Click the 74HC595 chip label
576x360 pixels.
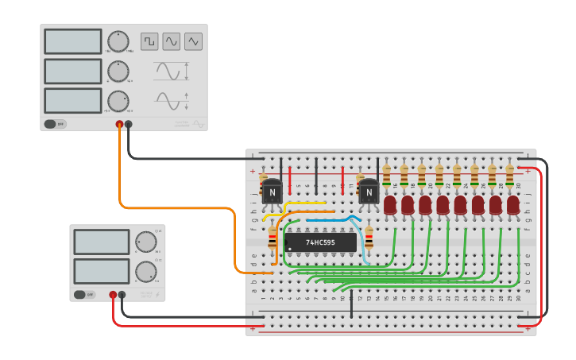point(320,242)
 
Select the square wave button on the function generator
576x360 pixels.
point(149,41)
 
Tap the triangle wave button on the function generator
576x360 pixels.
point(194,41)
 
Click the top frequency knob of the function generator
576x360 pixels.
point(118,41)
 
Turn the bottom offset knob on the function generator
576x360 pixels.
point(118,101)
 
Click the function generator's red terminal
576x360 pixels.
point(120,124)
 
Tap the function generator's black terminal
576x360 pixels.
point(129,124)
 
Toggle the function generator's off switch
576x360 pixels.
point(56,124)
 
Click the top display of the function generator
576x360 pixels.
point(73,41)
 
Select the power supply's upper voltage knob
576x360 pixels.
point(146,242)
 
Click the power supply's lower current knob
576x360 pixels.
point(146,272)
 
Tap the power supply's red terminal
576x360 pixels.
point(113,295)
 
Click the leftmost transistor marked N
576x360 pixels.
point(272,192)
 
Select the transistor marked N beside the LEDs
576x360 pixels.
point(369,192)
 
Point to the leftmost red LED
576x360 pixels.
point(390,206)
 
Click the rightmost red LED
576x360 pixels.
point(513,206)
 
